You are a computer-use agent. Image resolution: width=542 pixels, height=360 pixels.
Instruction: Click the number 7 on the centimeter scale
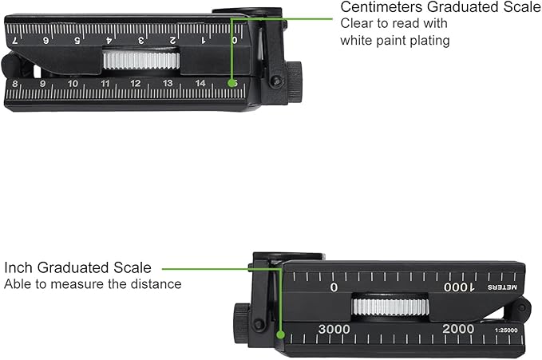[x=15, y=41]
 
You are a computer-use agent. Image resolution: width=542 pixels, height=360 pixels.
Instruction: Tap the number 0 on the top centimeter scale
[x=235, y=40]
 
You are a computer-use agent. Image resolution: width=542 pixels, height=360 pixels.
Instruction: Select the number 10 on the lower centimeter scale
[x=73, y=84]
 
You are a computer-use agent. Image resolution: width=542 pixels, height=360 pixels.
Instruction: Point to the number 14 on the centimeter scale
[x=200, y=83]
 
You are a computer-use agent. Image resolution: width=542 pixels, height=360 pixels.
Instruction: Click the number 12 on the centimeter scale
[x=136, y=83]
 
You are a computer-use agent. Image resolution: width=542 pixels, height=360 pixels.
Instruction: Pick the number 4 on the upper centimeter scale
[x=109, y=41]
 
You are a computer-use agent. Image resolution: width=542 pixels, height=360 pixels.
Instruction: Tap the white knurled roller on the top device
[x=141, y=60]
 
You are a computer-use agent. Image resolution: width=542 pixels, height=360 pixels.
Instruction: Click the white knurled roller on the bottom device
[x=390, y=307]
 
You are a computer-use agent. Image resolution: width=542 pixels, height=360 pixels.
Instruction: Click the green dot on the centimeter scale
[x=231, y=83]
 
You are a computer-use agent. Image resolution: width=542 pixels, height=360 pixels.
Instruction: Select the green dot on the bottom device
[x=281, y=334]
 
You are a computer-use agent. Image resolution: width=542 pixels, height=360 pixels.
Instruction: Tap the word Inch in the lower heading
[x=18, y=267]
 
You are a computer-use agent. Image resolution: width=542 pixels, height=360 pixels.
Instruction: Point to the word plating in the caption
[x=430, y=41]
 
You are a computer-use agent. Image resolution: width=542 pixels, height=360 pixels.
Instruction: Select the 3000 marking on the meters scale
[x=334, y=329]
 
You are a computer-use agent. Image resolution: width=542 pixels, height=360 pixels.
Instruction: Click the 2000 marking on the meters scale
[x=458, y=329]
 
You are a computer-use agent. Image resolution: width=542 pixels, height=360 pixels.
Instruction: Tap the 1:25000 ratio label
[x=506, y=330]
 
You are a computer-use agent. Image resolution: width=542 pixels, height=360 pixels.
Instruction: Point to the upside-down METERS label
[x=502, y=287]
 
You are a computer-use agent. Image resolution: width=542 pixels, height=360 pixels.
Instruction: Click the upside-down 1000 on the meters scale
[x=460, y=287]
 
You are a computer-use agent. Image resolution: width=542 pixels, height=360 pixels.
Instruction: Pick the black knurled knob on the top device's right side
[x=295, y=82]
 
